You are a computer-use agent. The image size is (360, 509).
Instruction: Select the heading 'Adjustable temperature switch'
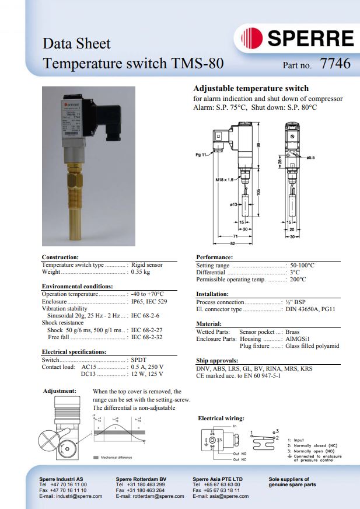[251, 89]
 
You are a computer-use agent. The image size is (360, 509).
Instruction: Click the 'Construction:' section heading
[60, 257]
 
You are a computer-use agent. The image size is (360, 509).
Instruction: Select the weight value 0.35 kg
[141, 272]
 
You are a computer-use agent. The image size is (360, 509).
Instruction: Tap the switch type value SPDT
[139, 360]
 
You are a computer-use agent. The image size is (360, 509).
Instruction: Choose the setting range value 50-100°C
[302, 265]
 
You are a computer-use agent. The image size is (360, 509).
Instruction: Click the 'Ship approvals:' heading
[217, 360]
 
